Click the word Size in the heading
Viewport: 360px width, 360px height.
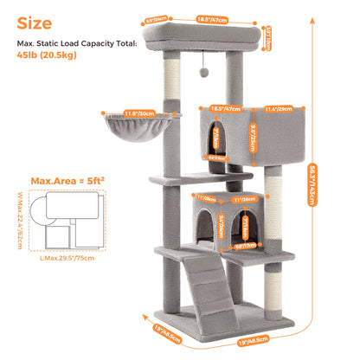tap(35, 22)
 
